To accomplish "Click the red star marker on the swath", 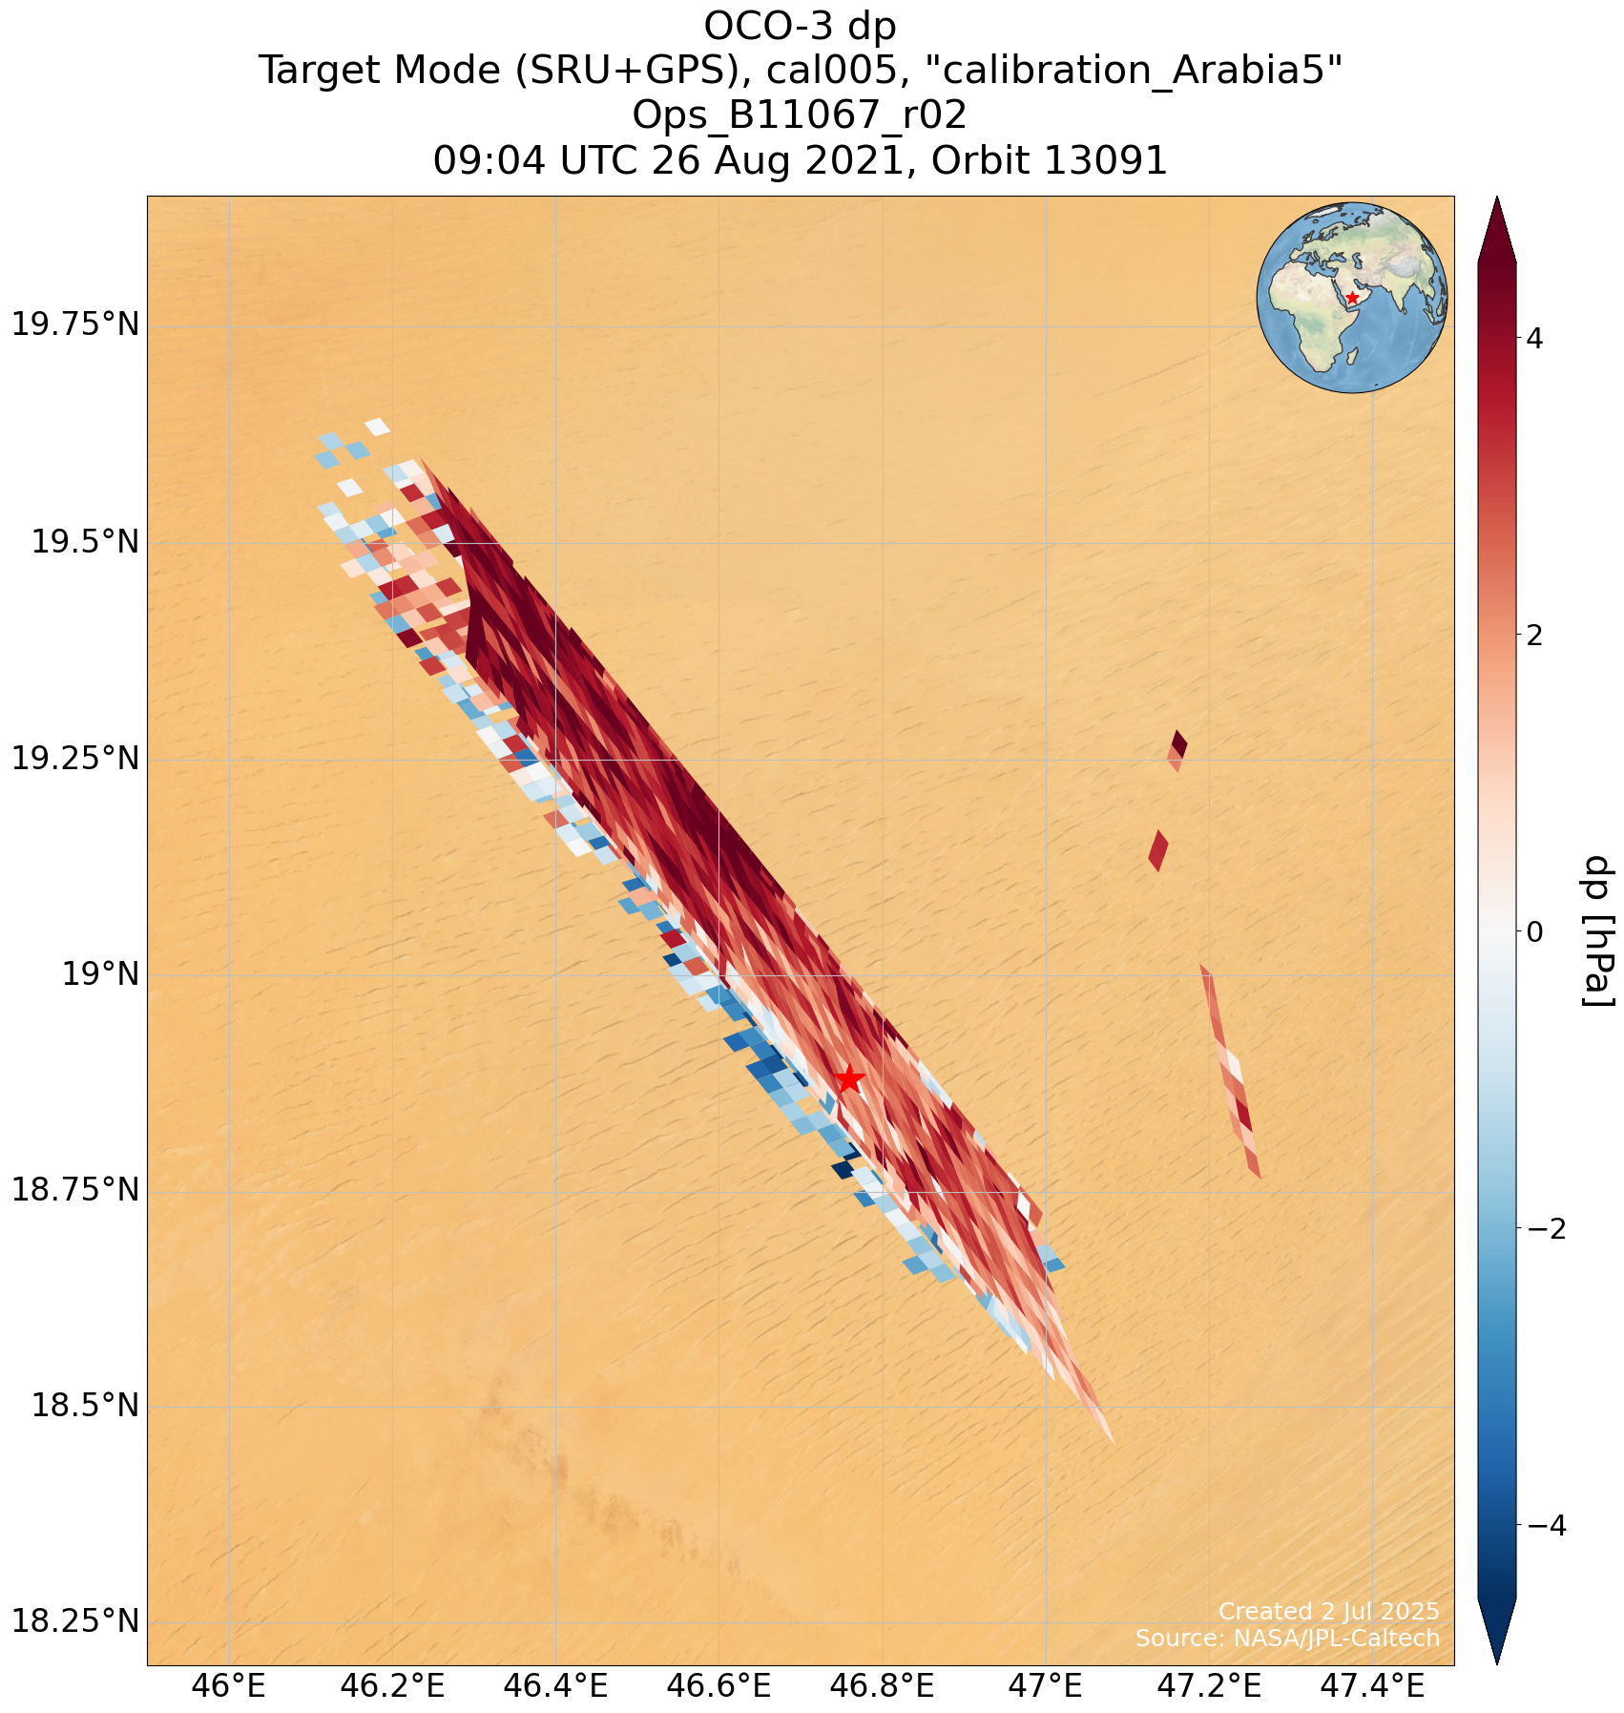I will [x=848, y=1080].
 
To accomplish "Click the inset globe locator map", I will [x=1351, y=297].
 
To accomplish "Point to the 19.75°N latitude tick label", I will [x=75, y=326].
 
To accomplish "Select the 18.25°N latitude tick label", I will [x=75, y=1621].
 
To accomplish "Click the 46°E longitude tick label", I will [x=229, y=1686].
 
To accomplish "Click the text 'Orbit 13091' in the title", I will [x=1049, y=161].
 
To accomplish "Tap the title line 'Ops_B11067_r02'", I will [x=800, y=115].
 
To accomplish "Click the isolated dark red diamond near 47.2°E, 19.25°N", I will [x=1179, y=742].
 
